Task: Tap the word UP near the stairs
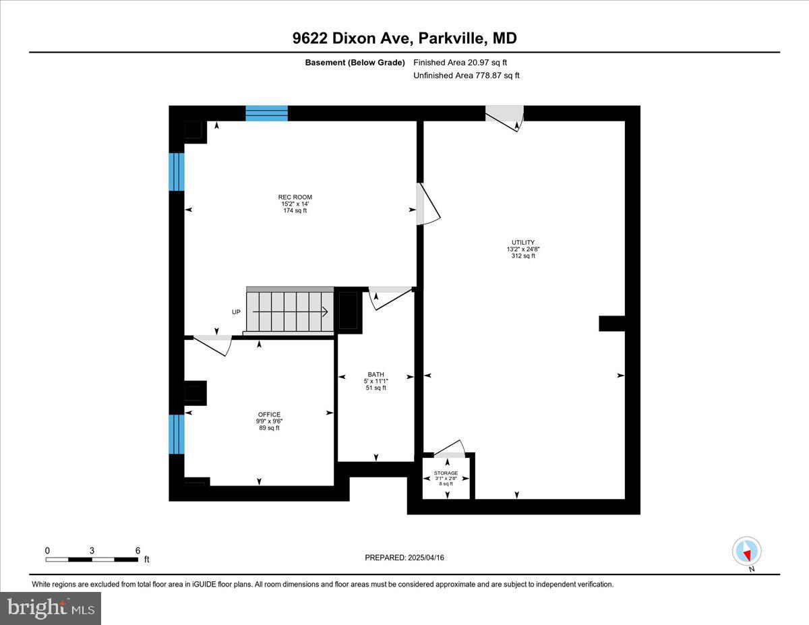click(236, 312)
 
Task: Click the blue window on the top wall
click(266, 113)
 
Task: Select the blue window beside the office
click(177, 434)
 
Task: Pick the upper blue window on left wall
click(177, 172)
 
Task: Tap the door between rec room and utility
click(427, 205)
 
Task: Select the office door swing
click(214, 344)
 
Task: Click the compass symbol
click(746, 552)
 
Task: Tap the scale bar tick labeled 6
click(138, 550)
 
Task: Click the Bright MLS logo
click(51, 608)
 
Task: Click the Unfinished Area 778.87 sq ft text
click(467, 76)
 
